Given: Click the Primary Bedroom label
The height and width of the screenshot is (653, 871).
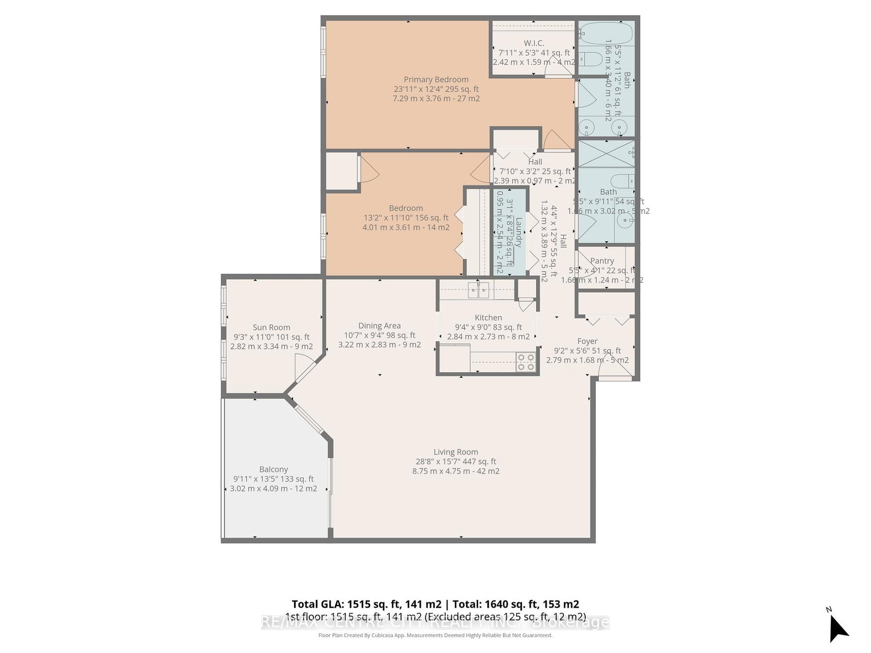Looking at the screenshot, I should (x=436, y=79).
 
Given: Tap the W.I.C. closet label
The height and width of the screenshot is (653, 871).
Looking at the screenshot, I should (x=533, y=43).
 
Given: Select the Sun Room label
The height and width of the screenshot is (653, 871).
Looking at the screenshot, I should (x=271, y=327).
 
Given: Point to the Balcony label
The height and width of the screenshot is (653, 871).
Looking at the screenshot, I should (x=273, y=469).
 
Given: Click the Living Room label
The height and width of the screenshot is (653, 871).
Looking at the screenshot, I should (x=456, y=452).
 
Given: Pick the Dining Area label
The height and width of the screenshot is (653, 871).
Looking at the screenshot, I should (x=379, y=325).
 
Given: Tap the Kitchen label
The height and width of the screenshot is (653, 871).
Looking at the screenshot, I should (x=488, y=317).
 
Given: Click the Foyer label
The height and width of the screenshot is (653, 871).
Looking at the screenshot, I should (x=587, y=341).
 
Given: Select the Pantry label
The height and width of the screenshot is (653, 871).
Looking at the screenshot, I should (x=602, y=261).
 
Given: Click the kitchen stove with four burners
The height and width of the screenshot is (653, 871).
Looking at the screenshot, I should (x=526, y=362).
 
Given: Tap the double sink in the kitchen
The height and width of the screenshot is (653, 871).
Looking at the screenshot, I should (x=479, y=290).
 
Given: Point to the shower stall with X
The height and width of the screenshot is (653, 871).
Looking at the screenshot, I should (x=605, y=155).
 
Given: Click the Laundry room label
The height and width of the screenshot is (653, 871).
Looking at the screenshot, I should (x=519, y=232).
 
